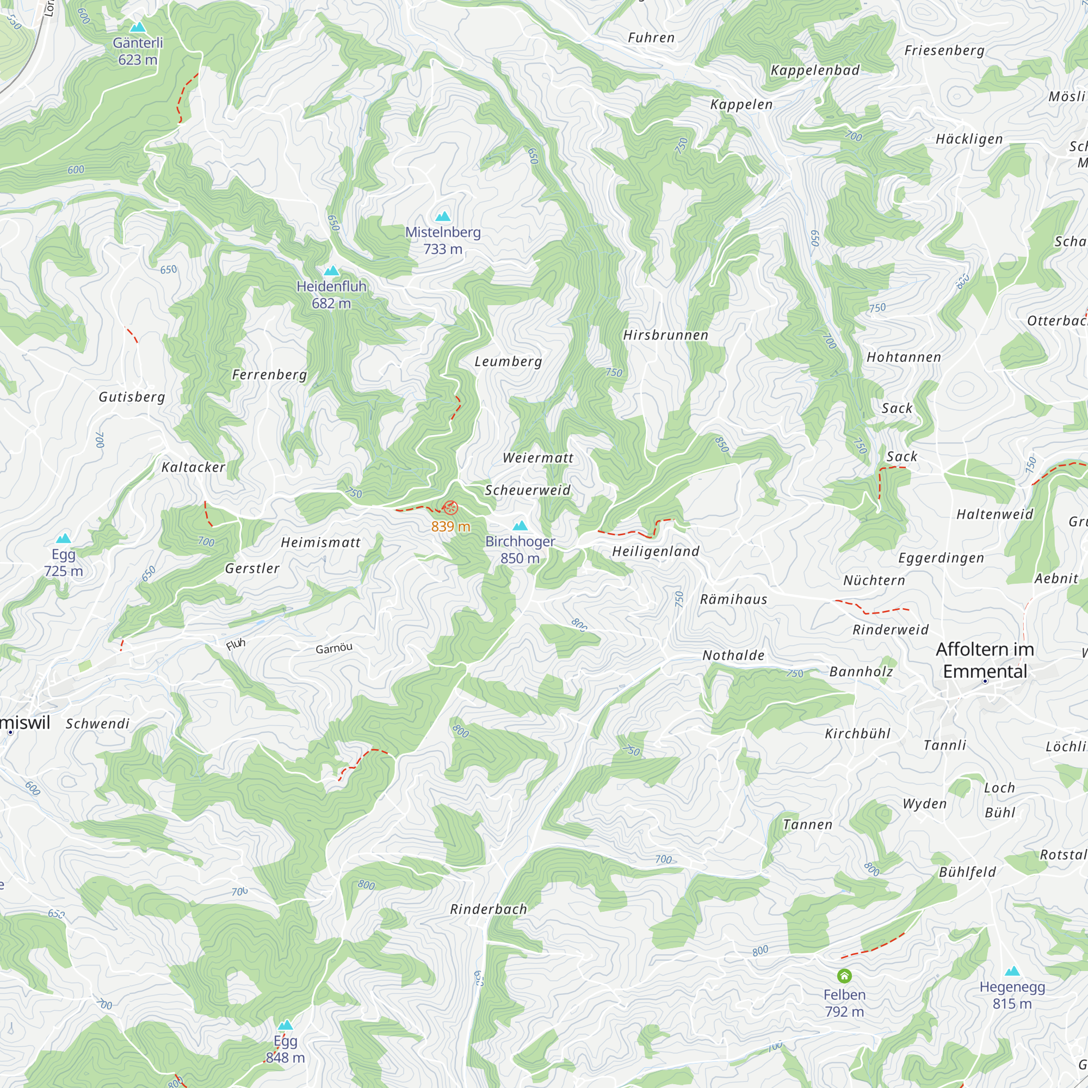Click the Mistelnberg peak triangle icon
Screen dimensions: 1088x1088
[443, 217]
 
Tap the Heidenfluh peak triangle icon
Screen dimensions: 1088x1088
[332, 271]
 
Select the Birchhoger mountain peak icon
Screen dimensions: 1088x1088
[521, 526]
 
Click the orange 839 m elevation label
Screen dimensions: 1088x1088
[450, 527]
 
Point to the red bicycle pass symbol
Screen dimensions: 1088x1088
[450, 508]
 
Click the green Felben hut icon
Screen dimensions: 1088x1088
[844, 976]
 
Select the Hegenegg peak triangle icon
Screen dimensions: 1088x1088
[1012, 971]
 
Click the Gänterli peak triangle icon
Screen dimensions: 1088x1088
[138, 27]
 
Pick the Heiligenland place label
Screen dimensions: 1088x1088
[656, 551]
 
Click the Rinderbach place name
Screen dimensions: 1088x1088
[489, 910]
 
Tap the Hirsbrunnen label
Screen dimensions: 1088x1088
[666, 335]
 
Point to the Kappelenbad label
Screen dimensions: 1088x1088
[815, 70]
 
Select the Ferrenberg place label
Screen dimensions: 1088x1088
[270, 374]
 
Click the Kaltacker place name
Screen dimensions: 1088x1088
[193, 467]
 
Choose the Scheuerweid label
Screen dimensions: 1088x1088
[528, 491]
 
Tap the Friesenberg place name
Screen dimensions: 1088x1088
[944, 51]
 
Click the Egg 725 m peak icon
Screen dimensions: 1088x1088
[64, 539]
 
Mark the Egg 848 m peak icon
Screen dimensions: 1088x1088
[286, 1025]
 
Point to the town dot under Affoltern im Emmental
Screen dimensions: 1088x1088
[985, 682]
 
